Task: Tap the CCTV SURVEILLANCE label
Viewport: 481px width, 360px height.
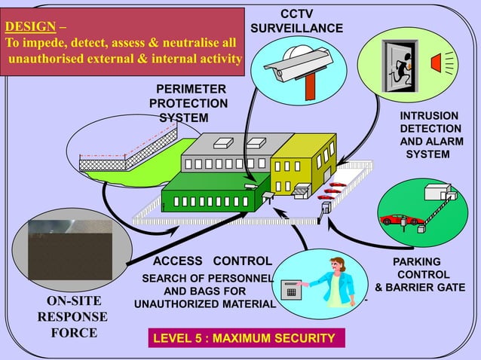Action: coord(296,21)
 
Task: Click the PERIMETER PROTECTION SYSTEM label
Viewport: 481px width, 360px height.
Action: coord(188,103)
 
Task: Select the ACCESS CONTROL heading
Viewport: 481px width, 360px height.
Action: coord(212,261)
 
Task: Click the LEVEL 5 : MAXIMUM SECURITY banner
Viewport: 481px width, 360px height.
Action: coord(244,337)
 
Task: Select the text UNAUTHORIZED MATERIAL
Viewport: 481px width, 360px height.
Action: coord(204,304)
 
